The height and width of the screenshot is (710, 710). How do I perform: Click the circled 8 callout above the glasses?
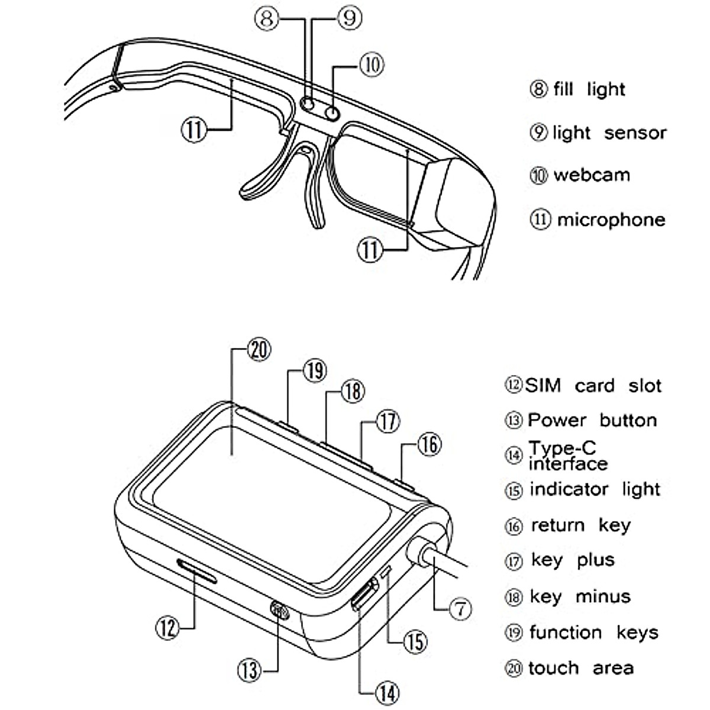267,18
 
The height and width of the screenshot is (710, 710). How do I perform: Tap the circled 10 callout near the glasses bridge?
372,64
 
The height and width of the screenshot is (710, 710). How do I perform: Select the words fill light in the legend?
589,89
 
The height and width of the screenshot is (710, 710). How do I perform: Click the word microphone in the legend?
611,220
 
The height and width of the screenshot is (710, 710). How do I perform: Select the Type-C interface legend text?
567,456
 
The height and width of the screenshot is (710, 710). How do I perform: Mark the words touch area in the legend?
580,668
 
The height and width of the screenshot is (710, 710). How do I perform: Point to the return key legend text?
580,525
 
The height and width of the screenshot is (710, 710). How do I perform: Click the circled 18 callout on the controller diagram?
353,391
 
